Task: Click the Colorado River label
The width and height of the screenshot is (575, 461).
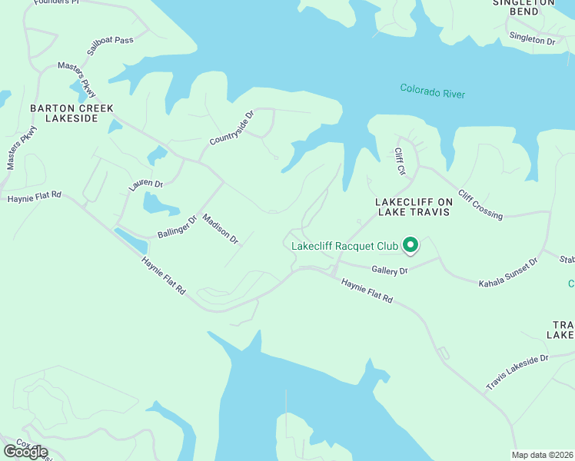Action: pos(432,91)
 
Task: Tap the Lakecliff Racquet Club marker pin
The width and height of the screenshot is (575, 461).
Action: pos(410,245)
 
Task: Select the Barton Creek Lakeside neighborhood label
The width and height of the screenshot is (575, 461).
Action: pos(65,113)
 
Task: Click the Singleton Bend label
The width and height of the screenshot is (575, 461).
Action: pos(525,7)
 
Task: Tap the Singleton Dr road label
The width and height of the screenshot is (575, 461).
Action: pos(531,39)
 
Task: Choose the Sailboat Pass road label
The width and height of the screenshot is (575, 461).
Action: pos(110,45)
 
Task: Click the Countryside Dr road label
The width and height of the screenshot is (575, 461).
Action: pos(231,130)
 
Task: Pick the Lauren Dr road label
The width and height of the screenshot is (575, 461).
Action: pos(146,185)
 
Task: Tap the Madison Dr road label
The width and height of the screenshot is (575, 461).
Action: pos(221,228)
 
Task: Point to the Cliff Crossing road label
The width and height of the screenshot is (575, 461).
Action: pos(480,204)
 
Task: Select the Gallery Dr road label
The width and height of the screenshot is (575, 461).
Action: pos(389,270)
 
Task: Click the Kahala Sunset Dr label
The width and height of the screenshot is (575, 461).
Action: pos(508,273)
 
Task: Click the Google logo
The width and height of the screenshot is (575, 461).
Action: pos(25,452)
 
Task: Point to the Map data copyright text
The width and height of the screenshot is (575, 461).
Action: pos(542,455)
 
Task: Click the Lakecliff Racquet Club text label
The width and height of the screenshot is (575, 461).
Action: pos(345,247)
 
